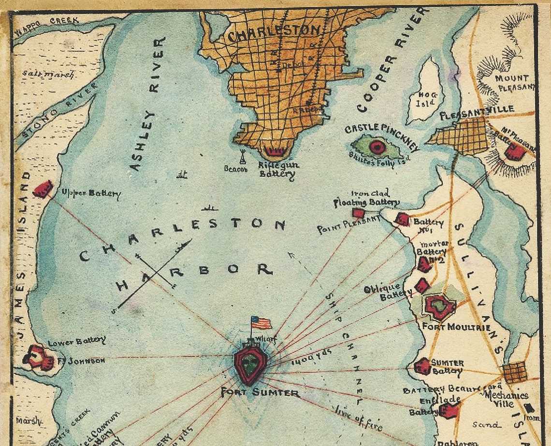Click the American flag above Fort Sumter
pyautogui.click(x=261, y=323)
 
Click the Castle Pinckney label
pyautogui.click(x=381, y=133)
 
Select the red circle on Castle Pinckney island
pyautogui.click(x=376, y=146)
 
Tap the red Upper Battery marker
pyautogui.click(x=43, y=189)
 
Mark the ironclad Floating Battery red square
pyautogui.click(x=358, y=213)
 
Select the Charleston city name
pyautogui.click(x=274, y=34)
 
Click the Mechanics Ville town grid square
pyautogui.click(x=514, y=372)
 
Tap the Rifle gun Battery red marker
pyautogui.click(x=274, y=152)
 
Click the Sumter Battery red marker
pyautogui.click(x=422, y=366)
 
